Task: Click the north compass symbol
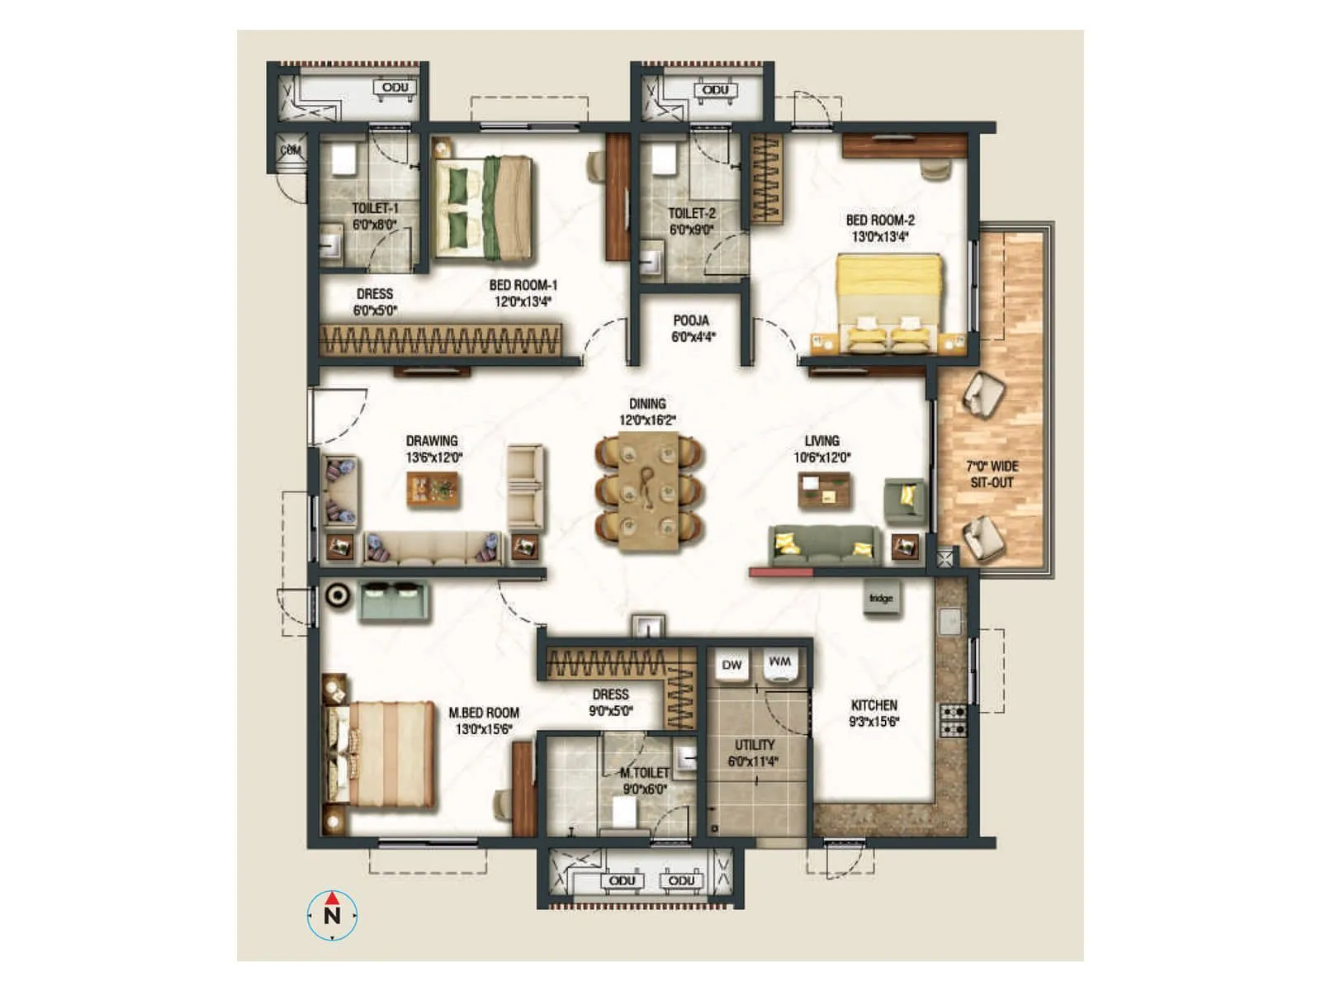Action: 332,914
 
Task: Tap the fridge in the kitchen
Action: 881,598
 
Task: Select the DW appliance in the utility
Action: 732,666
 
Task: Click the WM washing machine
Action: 779,664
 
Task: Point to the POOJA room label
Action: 691,328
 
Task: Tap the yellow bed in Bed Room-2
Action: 889,302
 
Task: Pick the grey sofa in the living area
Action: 823,545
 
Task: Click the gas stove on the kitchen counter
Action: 953,720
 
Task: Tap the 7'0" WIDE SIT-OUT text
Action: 992,474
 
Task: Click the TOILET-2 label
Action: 691,220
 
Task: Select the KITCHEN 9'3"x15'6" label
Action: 874,713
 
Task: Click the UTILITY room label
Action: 754,752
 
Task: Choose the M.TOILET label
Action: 645,780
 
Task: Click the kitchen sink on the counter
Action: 951,620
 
